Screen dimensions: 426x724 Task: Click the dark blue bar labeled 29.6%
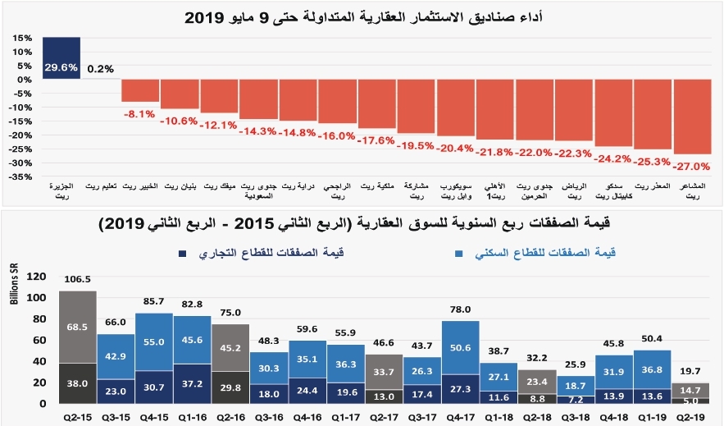click(61, 57)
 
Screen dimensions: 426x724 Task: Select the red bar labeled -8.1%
click(140, 90)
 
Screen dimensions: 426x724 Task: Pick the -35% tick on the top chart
click(22, 176)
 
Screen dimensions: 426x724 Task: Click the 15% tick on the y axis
click(22, 38)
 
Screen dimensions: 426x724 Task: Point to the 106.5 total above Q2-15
click(77, 280)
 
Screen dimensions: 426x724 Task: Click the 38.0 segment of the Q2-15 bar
click(77, 382)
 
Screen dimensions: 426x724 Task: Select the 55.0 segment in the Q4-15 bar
click(154, 341)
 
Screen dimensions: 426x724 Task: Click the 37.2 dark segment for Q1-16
click(193, 383)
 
